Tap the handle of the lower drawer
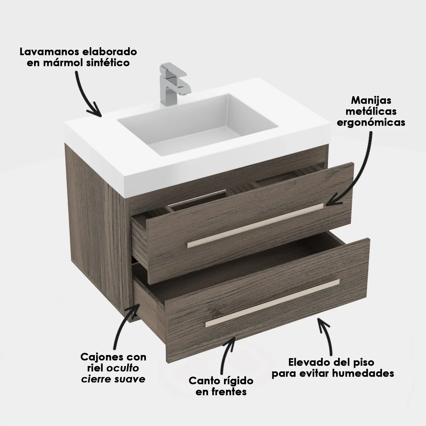(272, 303)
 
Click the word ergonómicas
(371, 123)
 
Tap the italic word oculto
(123, 368)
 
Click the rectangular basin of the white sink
(198, 124)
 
